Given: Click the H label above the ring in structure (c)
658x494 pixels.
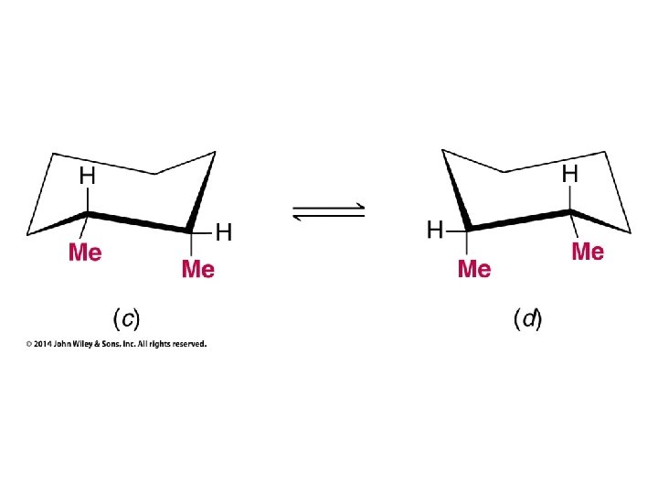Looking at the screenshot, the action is click(88, 174).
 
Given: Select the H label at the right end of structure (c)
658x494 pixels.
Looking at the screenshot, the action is click(223, 232).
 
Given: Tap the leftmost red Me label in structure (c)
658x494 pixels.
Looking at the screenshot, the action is click(85, 252).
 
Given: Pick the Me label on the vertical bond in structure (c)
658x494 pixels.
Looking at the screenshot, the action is click(198, 269).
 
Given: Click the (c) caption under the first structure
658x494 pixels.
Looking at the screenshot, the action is click(125, 319).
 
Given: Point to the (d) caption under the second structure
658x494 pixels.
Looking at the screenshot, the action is click(527, 319).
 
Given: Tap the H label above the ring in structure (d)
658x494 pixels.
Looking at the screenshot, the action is click(569, 172).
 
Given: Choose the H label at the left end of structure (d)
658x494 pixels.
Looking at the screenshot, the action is click(436, 231).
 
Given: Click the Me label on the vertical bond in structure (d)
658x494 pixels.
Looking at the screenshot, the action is click(473, 269).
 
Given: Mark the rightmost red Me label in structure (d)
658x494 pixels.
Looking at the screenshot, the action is click(588, 252).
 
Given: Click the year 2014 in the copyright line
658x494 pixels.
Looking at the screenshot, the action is click(43, 344).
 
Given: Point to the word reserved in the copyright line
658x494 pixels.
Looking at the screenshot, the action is click(190, 344).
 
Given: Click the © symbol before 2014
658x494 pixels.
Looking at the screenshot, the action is click(28, 344).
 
